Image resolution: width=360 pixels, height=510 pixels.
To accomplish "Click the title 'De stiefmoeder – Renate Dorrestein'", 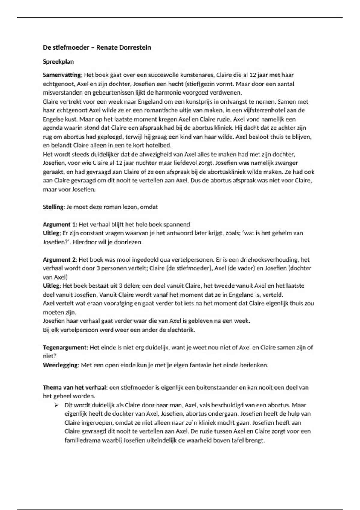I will (97, 47).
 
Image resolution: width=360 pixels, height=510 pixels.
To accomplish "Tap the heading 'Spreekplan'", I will (58, 62).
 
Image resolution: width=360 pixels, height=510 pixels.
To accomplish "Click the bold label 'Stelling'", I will (53, 207).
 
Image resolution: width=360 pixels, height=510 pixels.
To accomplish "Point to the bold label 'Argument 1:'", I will (60, 224).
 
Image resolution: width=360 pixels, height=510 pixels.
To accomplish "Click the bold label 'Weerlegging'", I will (60, 365).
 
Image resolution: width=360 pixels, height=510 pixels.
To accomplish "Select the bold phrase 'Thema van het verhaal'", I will (74, 387).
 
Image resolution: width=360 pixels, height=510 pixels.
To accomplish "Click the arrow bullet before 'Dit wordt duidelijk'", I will (56, 405).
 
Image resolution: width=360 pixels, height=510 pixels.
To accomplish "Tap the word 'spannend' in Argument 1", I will (178, 224).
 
